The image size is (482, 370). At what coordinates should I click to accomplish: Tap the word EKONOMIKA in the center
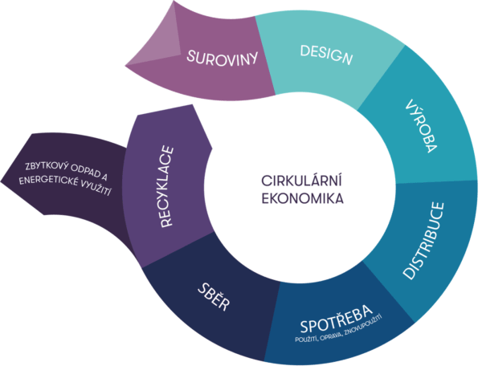(302, 197)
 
